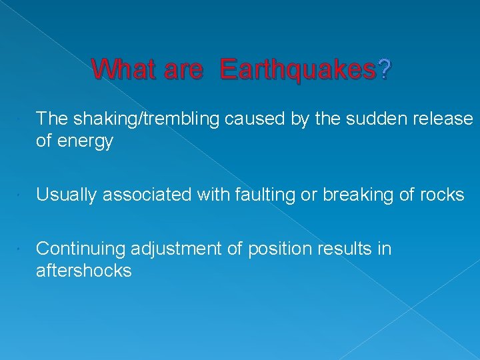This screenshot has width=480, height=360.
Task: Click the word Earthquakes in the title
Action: tap(297, 69)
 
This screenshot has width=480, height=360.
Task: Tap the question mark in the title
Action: tap(385, 69)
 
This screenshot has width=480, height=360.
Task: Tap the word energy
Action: tap(86, 141)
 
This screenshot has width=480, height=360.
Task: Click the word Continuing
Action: tap(81, 249)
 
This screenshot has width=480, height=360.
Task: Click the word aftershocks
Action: tap(83, 271)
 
